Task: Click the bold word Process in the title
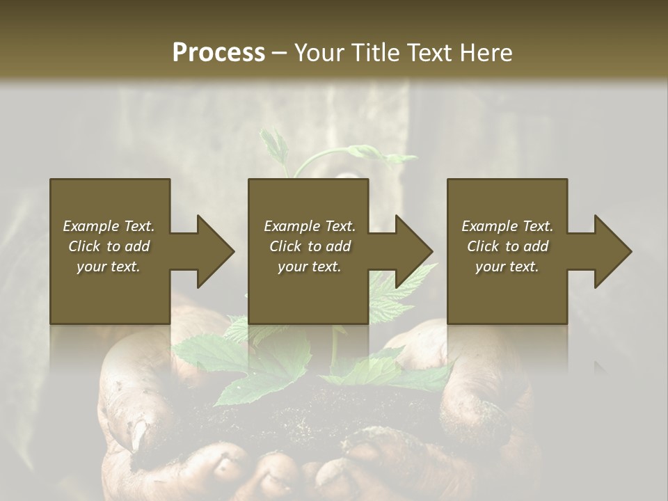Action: [218, 53]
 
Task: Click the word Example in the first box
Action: [91, 226]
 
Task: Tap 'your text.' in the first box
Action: [109, 267]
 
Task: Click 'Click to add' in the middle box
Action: [310, 246]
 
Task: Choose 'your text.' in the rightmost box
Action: [507, 267]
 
